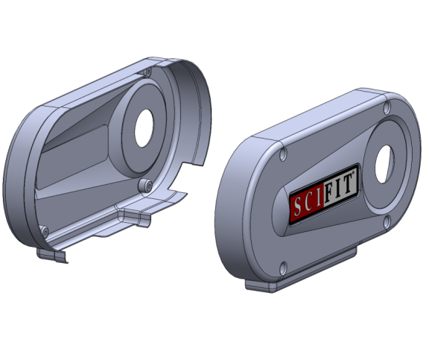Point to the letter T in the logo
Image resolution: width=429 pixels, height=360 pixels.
pyautogui.click(x=347, y=185)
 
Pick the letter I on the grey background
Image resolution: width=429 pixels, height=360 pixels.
pyautogui.click(x=337, y=189)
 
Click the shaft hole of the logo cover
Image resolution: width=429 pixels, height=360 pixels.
pyautogui.click(x=384, y=164)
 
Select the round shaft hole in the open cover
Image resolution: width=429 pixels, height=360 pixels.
pyautogui.click(x=144, y=128)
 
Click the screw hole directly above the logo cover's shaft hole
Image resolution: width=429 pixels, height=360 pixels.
pyautogui.click(x=387, y=108)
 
